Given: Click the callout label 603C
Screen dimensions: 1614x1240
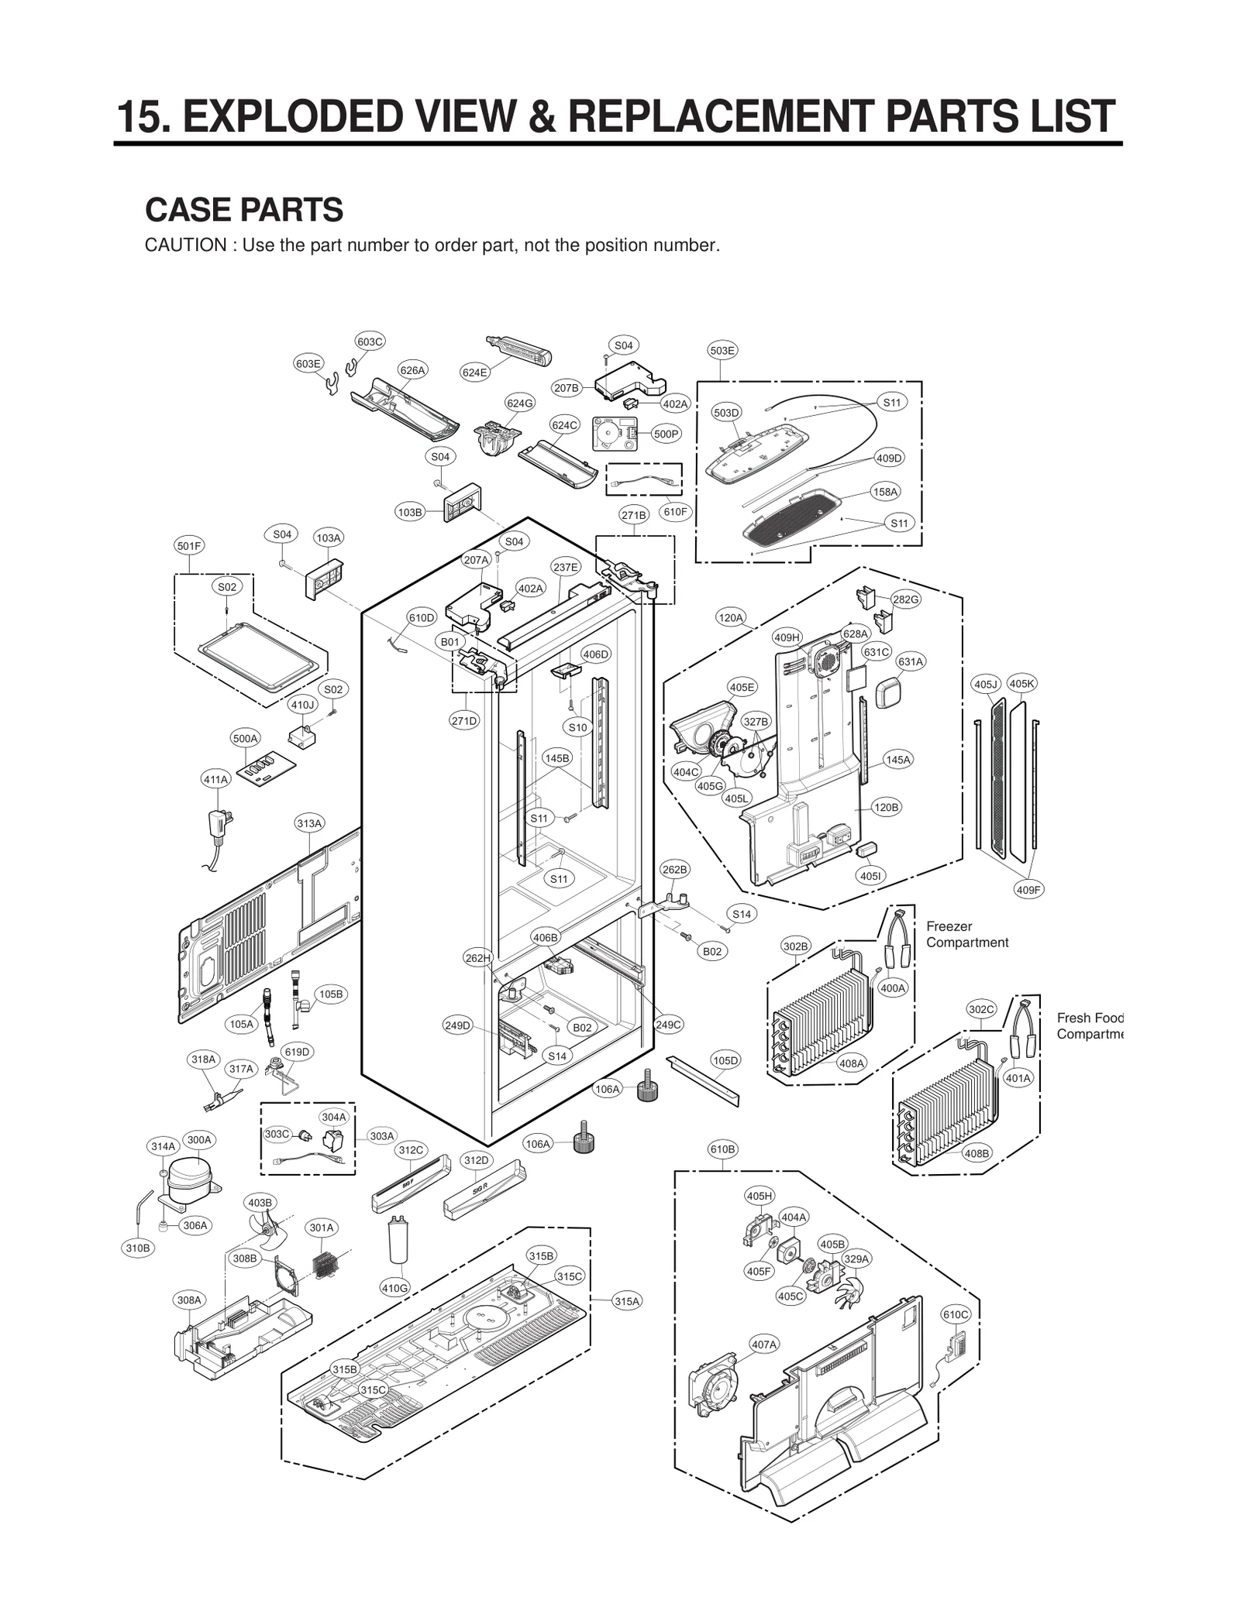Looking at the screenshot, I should pos(370,342).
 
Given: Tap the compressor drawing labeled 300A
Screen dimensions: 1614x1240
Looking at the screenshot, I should pos(190,1181).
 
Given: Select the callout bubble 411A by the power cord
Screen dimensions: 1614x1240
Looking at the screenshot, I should pos(215,780).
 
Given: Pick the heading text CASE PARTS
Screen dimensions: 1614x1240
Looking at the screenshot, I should pos(244,210).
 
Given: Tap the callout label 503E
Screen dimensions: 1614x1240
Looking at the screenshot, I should pos(722,351).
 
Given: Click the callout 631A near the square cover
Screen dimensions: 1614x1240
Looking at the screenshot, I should pos(911,661).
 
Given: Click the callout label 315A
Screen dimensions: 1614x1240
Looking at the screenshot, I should pos(627,1302).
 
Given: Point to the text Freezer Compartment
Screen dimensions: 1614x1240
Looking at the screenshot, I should pos(966,934).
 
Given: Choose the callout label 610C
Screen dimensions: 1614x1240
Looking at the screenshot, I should pos(955,1314).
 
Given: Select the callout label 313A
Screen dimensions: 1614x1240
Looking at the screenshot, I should pos(309,823).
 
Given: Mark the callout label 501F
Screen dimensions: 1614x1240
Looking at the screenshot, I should pos(188,546).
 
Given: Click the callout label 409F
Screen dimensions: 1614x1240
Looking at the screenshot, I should pos(1028,890).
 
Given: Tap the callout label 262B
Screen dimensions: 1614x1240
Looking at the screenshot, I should pos(674,870).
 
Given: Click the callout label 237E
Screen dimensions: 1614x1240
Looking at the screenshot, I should pos(565,567).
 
